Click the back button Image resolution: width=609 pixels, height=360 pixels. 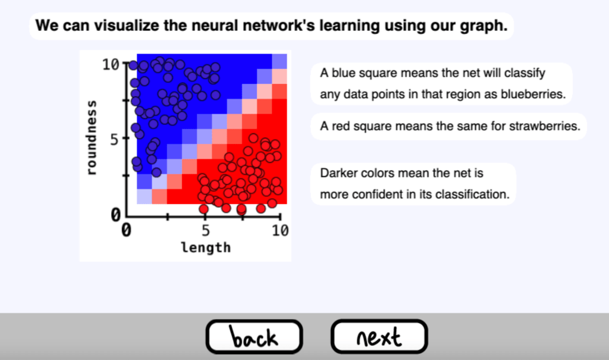coord(254,337)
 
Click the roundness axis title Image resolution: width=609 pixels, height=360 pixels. coord(91,137)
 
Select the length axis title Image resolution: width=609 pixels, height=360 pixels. coord(206,248)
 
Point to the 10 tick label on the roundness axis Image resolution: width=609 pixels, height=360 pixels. coord(111,64)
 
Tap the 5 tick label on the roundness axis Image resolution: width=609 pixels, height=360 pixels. coord(114,139)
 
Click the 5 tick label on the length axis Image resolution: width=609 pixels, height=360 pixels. coord(205,230)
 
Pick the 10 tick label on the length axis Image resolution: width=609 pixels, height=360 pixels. coord(280,230)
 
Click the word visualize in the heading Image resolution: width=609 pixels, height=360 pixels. coord(127,26)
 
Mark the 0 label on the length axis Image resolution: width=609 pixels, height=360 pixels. coord(126,230)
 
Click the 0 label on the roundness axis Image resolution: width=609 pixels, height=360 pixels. coord(116,214)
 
